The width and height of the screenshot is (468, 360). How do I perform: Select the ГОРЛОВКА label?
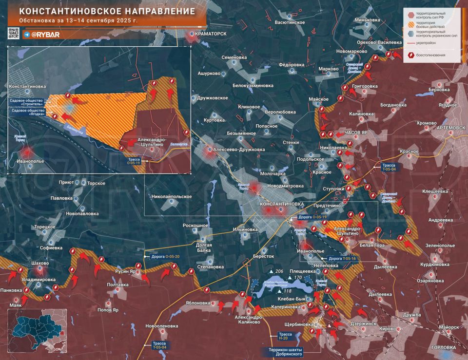pyautogui.click(x=443, y=347)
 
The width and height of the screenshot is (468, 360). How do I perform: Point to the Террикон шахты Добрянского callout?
pyautogui.click(x=285, y=352)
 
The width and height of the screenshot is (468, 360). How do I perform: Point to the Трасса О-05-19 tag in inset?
pyautogui.click(x=134, y=160)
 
